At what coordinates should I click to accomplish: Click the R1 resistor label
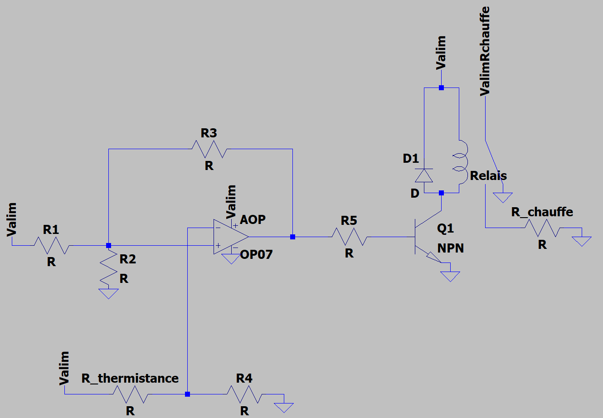[x=51, y=230]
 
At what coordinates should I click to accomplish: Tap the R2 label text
[x=128, y=259]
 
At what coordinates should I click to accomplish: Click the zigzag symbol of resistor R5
[x=350, y=236]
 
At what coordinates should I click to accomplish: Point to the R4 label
[x=244, y=378]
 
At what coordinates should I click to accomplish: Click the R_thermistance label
[x=130, y=378]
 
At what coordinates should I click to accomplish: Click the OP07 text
[x=257, y=254]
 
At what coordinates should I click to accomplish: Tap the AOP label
[x=253, y=219]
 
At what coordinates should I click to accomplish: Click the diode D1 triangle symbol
[x=424, y=175]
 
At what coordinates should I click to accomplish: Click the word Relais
[x=488, y=175]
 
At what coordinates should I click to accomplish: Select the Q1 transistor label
[x=445, y=228]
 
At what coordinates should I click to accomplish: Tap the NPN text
[x=451, y=248]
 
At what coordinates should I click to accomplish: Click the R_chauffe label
[x=542, y=212]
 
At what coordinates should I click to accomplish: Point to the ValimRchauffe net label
[x=485, y=51]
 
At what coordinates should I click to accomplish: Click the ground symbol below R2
[x=108, y=293]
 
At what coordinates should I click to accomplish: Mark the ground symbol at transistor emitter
[x=450, y=276]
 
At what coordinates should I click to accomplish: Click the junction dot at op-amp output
[x=292, y=237]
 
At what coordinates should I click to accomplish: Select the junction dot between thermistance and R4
[x=187, y=394]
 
